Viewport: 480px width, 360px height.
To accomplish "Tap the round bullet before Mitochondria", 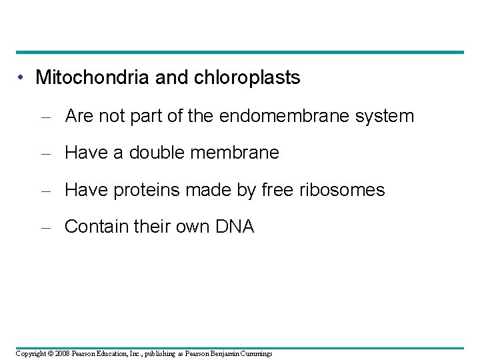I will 22,78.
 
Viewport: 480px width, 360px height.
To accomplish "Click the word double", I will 158,153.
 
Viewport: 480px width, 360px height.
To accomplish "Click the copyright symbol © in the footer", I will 52,353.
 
